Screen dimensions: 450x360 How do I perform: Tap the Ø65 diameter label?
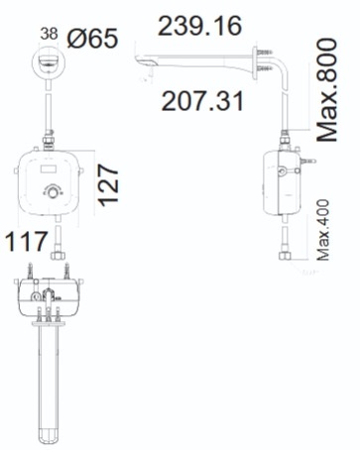coord(92,39)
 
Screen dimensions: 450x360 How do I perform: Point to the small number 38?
coord(49,33)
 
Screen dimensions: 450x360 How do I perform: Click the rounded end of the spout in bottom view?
coord(50,433)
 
